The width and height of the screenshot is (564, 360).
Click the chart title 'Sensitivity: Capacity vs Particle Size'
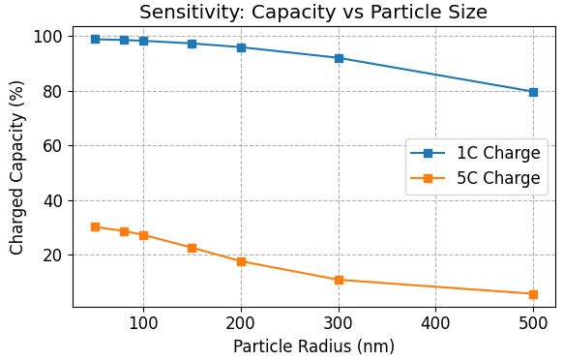pyautogui.click(x=313, y=13)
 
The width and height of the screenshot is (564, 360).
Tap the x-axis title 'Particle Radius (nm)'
pyautogui.click(x=313, y=345)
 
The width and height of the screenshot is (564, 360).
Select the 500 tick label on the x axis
pyautogui.click(x=533, y=321)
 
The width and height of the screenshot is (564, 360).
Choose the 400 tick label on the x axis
pyautogui.click(x=435, y=321)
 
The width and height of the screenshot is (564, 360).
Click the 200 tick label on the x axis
pyautogui.click(x=241, y=321)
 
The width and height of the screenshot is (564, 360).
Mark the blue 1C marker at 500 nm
pyautogui.click(x=533, y=92)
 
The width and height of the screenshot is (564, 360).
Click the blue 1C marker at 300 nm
pyautogui.click(x=339, y=58)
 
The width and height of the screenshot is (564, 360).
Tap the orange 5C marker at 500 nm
pyautogui.click(x=533, y=294)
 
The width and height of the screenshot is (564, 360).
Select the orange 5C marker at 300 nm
pyautogui.click(x=339, y=280)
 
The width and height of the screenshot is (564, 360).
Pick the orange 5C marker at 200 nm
pyautogui.click(x=241, y=261)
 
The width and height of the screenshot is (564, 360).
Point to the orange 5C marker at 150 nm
pyautogui.click(x=192, y=248)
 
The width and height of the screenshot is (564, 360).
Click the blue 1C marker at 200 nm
pyautogui.click(x=241, y=47)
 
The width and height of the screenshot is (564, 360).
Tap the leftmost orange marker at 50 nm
pyautogui.click(x=95, y=226)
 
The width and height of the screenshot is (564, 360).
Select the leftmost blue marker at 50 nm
pyautogui.click(x=95, y=39)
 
